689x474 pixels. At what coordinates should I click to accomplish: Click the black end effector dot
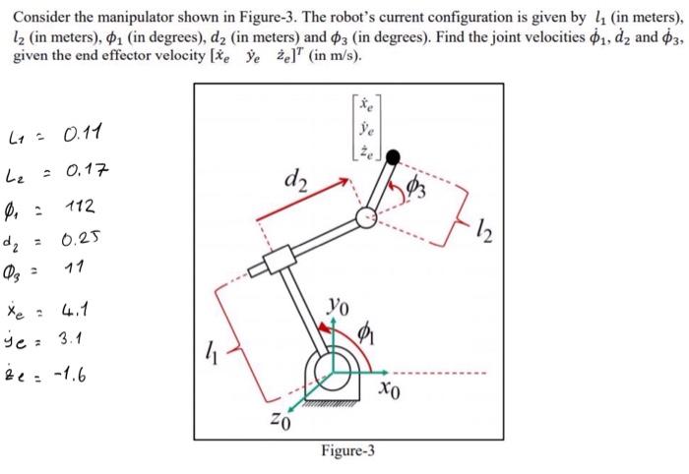[393, 155]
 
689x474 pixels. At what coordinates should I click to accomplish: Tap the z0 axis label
[279, 423]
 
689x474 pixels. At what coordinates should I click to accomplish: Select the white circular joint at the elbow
[366, 218]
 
